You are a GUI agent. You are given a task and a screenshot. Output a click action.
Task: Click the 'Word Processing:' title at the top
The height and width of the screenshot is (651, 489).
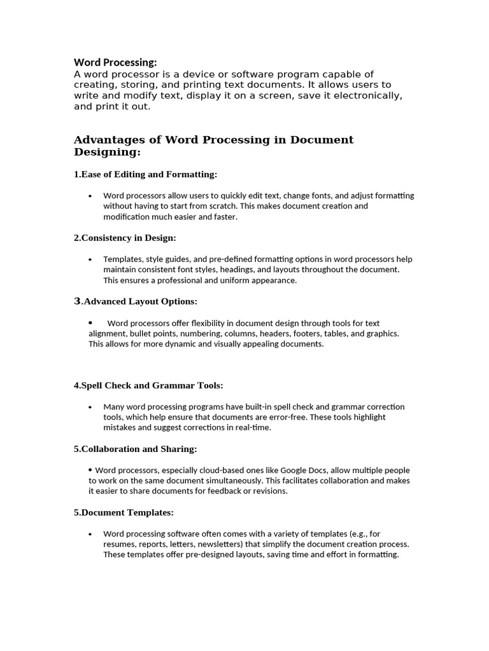tap(115, 62)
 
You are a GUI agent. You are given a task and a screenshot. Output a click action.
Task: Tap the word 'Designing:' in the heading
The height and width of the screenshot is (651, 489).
tap(107, 153)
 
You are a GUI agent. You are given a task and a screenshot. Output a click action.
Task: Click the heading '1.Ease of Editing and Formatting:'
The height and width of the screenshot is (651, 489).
tap(146, 174)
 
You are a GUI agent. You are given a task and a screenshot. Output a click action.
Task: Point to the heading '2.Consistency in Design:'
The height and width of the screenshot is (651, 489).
tap(125, 238)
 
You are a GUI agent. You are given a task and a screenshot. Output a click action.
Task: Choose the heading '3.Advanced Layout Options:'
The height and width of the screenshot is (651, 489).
tap(136, 301)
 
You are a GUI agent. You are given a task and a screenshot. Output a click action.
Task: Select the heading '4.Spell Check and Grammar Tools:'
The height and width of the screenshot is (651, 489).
tap(148, 385)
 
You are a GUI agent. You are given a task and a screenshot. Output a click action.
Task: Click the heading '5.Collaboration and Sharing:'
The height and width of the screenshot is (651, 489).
tap(135, 449)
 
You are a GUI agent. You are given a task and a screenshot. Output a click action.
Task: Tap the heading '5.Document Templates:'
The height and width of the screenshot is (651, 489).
tap(124, 512)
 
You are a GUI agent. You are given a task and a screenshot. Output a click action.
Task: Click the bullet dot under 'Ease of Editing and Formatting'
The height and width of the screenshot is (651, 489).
tap(91, 196)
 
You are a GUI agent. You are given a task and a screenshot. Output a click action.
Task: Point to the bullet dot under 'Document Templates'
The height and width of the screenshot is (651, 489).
tap(91, 534)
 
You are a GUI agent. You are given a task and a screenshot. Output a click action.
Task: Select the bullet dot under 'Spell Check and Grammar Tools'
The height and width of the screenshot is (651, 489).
tap(91, 407)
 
